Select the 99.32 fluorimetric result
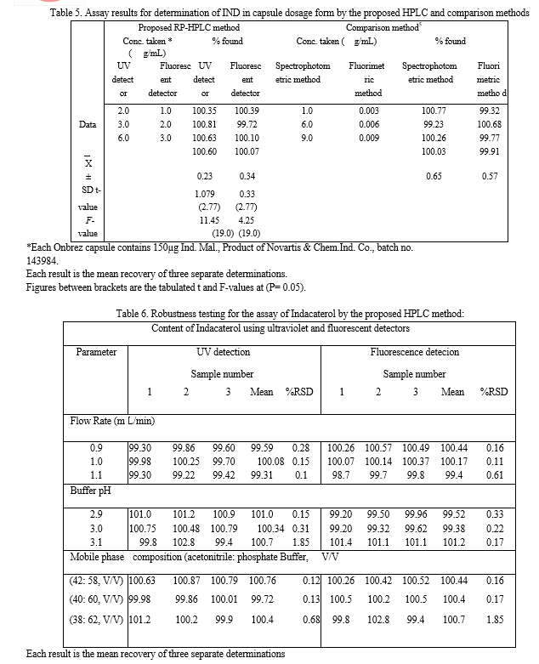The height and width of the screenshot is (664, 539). point(489,111)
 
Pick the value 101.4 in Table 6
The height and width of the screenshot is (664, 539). point(342,542)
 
